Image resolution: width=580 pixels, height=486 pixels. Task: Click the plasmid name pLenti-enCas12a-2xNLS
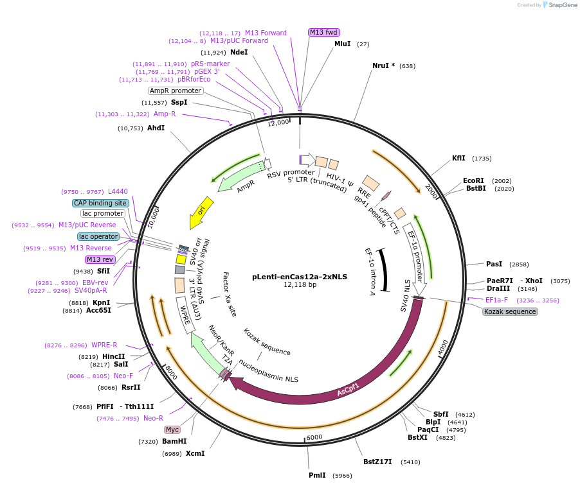point(300,277)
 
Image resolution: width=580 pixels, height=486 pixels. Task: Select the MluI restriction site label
point(342,44)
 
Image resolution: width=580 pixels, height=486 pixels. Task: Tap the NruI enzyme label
point(383,65)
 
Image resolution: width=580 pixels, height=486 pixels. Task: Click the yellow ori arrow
point(201,213)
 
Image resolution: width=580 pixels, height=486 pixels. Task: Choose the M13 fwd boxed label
point(323,32)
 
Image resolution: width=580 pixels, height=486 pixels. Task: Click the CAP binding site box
point(100,203)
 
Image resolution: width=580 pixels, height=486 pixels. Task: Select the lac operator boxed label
point(99,236)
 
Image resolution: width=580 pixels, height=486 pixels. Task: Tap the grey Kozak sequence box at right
point(510,311)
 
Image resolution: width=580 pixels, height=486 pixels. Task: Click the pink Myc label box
point(172,430)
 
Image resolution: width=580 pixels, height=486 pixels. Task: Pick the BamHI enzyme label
point(174,441)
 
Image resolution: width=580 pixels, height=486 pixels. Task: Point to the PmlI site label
point(317,475)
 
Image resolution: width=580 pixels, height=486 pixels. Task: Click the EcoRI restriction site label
point(473,181)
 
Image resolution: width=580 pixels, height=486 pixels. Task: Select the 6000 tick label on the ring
point(314,437)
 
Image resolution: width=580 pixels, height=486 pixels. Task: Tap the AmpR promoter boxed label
point(176,91)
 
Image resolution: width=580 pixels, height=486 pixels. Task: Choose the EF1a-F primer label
point(496,300)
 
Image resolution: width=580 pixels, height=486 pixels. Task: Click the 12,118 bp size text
point(300,285)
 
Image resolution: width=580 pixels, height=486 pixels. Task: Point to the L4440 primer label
point(118,191)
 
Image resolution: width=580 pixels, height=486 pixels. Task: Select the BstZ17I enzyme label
point(378,462)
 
